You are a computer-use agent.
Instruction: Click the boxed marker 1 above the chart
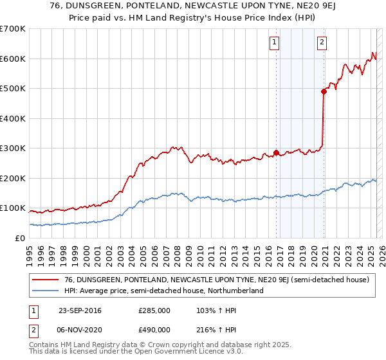click(275, 43)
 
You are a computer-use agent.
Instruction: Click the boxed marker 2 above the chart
click(321, 43)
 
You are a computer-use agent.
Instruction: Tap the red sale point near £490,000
click(324, 91)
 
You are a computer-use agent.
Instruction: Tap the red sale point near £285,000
click(277, 153)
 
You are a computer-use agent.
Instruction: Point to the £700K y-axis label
click(13, 29)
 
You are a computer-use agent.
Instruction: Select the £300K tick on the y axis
click(13, 148)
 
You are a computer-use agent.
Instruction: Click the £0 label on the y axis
click(19, 238)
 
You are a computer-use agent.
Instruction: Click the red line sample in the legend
click(45, 280)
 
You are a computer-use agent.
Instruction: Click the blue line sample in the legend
click(45, 291)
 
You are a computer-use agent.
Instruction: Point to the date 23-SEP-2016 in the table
click(80, 310)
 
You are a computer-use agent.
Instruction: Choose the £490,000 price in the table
click(154, 330)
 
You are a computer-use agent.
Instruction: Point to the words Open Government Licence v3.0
click(174, 352)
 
